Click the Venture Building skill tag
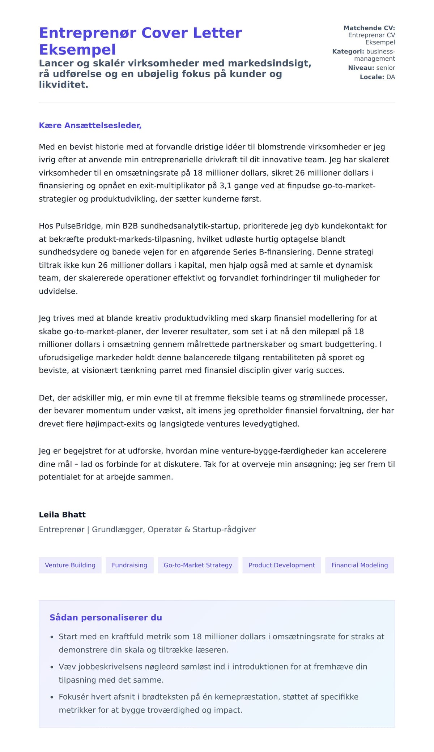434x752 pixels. tap(70, 565)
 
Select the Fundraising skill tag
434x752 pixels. tap(129, 565)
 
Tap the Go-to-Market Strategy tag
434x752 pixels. tap(198, 565)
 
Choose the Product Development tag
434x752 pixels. tap(282, 565)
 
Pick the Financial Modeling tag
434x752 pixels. tap(359, 565)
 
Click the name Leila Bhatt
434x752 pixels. tap(62, 515)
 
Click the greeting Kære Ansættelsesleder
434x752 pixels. tap(90, 125)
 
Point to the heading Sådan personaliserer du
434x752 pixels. tap(106, 618)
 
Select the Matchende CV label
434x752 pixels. tap(369, 28)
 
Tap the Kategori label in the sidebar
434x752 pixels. tap(348, 51)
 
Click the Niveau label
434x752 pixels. tap(361, 68)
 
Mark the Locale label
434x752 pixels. tap(372, 77)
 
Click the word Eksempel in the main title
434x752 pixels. tap(77, 50)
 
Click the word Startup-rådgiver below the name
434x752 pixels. tap(224, 529)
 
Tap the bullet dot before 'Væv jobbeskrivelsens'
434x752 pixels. tap(52, 667)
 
